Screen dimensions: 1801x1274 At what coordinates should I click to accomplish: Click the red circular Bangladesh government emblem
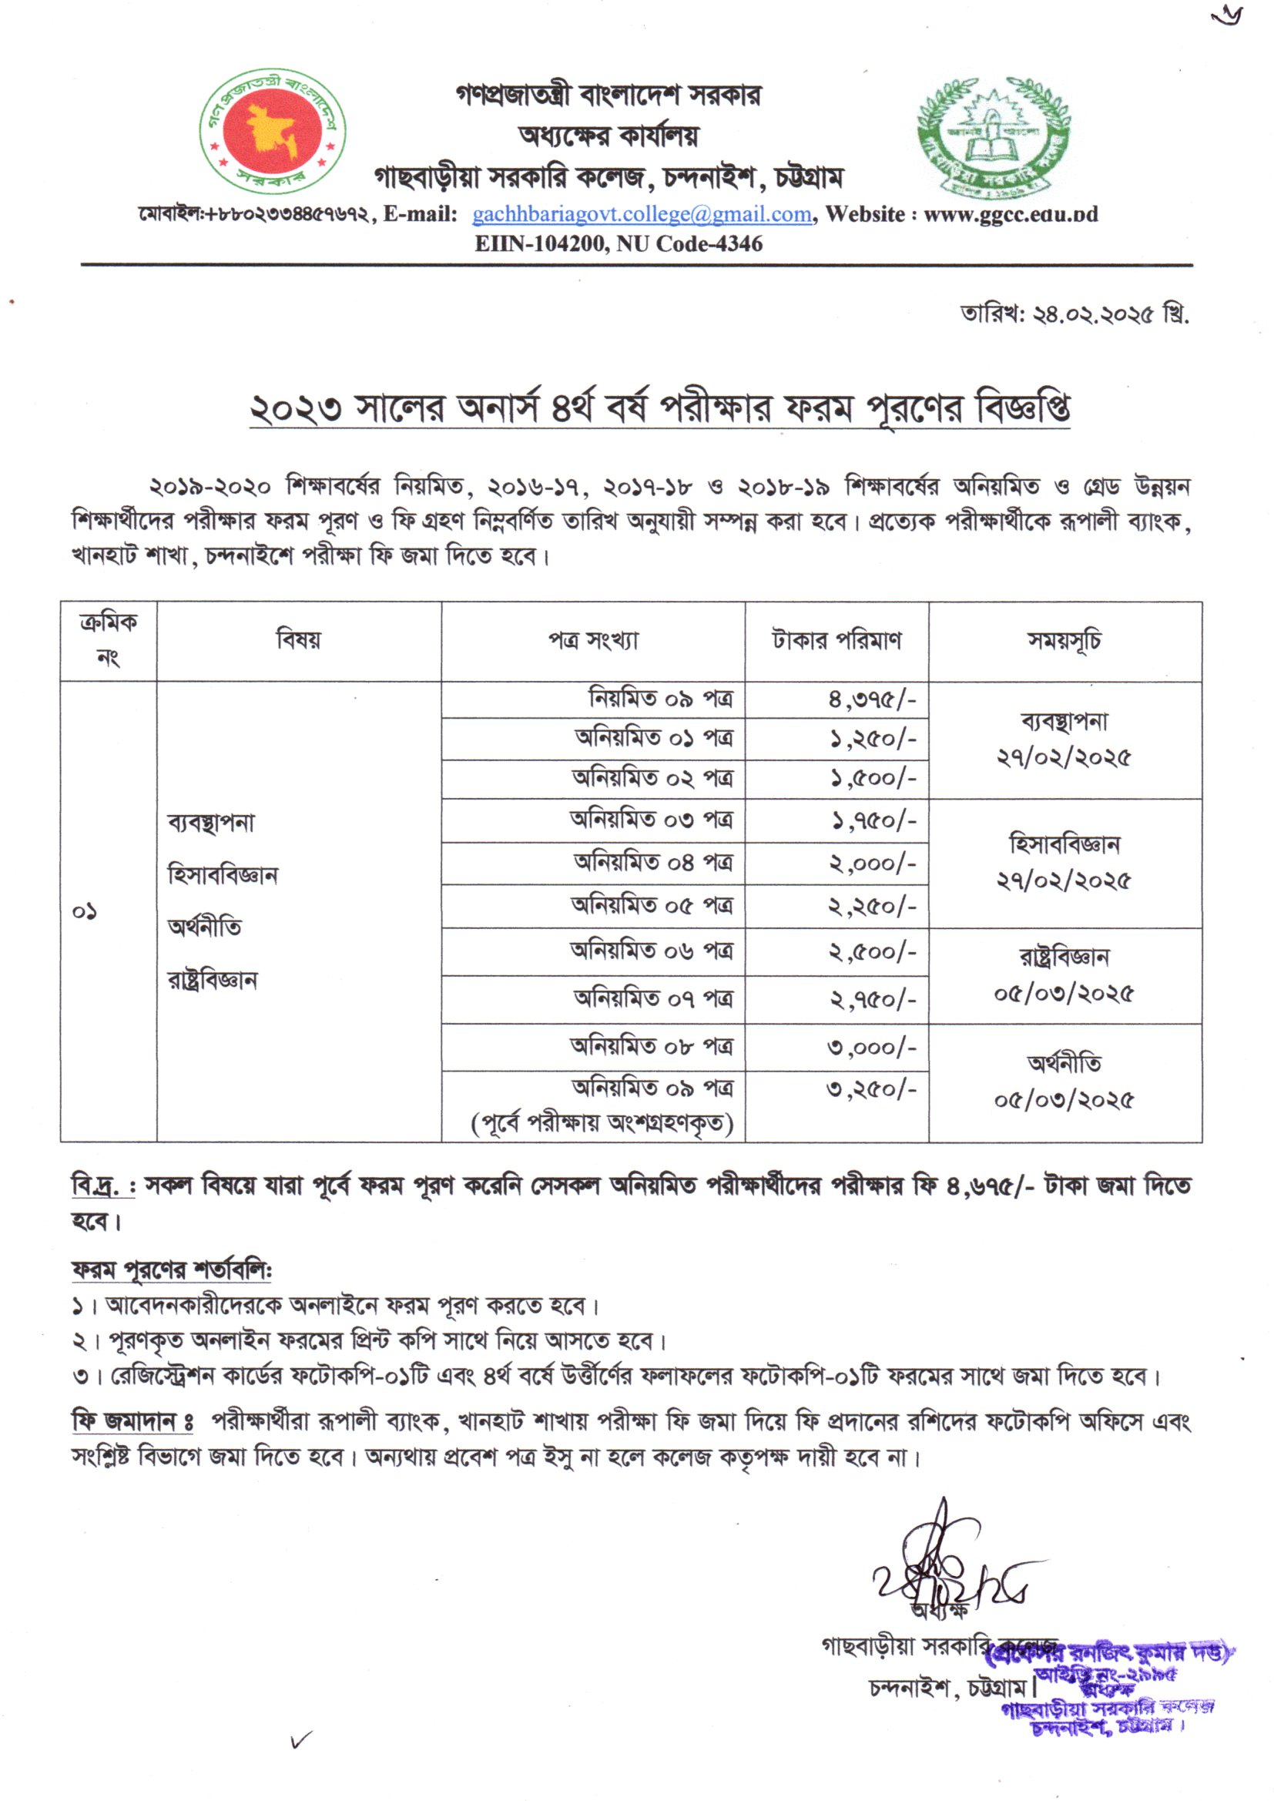pyautogui.click(x=271, y=132)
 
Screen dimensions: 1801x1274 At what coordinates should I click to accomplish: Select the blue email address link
pyautogui.click(x=641, y=214)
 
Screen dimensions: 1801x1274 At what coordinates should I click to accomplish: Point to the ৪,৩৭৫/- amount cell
pyautogui.click(x=872, y=699)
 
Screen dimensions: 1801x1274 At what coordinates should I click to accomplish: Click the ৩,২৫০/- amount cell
pyautogui.click(x=871, y=1088)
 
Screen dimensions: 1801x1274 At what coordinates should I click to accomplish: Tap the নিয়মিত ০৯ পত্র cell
pyautogui.click(x=661, y=698)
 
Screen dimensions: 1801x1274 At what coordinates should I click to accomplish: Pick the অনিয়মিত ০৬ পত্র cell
pyautogui.click(x=651, y=951)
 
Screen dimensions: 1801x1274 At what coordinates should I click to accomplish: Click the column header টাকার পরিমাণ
pyautogui.click(x=836, y=640)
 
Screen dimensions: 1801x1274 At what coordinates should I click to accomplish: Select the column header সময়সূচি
pyautogui.click(x=1064, y=640)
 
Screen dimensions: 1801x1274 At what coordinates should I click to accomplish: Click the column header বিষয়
pyautogui.click(x=298, y=640)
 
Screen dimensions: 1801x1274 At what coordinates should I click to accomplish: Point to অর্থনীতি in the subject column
pyautogui.click(x=205, y=927)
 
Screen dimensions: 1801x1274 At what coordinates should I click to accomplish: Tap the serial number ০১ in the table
pyautogui.click(x=85, y=911)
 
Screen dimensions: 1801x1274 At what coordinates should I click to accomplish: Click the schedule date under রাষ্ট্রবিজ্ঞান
pyautogui.click(x=1064, y=994)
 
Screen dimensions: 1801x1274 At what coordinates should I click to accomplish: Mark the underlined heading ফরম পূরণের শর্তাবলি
pyautogui.click(x=171, y=1269)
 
